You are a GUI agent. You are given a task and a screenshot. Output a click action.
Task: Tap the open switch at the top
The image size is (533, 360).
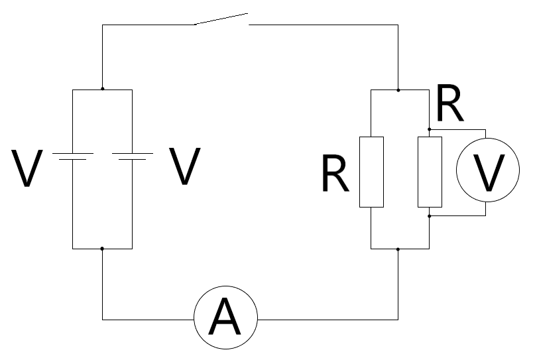pos(221,19)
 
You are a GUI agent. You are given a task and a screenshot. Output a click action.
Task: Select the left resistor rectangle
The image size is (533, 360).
pos(371,172)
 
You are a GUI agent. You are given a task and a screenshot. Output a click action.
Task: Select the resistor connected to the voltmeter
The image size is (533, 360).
pos(430,172)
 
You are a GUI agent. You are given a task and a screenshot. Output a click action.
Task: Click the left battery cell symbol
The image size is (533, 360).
pos(72,156)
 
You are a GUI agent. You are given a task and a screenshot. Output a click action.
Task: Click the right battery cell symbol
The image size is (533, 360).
pos(133,156)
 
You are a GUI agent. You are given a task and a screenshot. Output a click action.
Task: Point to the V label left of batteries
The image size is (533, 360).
pos(27,168)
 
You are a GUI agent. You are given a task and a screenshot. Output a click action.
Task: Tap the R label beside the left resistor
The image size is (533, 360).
pos(335,174)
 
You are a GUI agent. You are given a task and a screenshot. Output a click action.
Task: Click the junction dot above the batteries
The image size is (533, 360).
pos(102,89)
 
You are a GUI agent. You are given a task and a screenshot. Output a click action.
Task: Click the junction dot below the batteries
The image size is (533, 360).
pos(102,249)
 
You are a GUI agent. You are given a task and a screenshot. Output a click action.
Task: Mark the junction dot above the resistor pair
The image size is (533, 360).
pos(398,89)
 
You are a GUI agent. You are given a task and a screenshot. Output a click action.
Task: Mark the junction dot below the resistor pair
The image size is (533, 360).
pos(398,249)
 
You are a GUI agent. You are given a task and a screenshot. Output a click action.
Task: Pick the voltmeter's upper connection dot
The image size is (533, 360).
pos(430,129)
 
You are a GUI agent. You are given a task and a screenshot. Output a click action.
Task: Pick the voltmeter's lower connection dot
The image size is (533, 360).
pos(430,215)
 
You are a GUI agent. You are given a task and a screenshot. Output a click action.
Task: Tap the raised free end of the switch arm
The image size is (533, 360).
pos(247,13)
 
